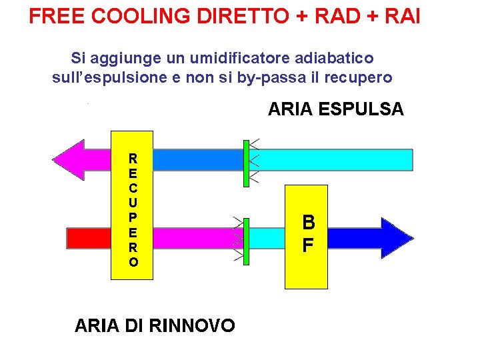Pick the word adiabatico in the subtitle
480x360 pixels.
pyautogui.click(x=328, y=59)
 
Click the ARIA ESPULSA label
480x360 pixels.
pyautogui.click(x=335, y=109)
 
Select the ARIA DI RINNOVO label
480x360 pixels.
pyautogui.click(x=155, y=325)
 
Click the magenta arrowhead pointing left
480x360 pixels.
pyautogui.click(x=73, y=160)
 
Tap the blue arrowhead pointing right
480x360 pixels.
pyautogui.click(x=393, y=237)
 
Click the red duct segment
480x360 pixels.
pyautogui.click(x=89, y=237)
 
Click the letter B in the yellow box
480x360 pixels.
pyautogui.click(x=308, y=222)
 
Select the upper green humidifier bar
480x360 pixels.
pyautogui.click(x=246, y=162)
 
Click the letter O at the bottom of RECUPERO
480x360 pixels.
pyautogui.click(x=134, y=262)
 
